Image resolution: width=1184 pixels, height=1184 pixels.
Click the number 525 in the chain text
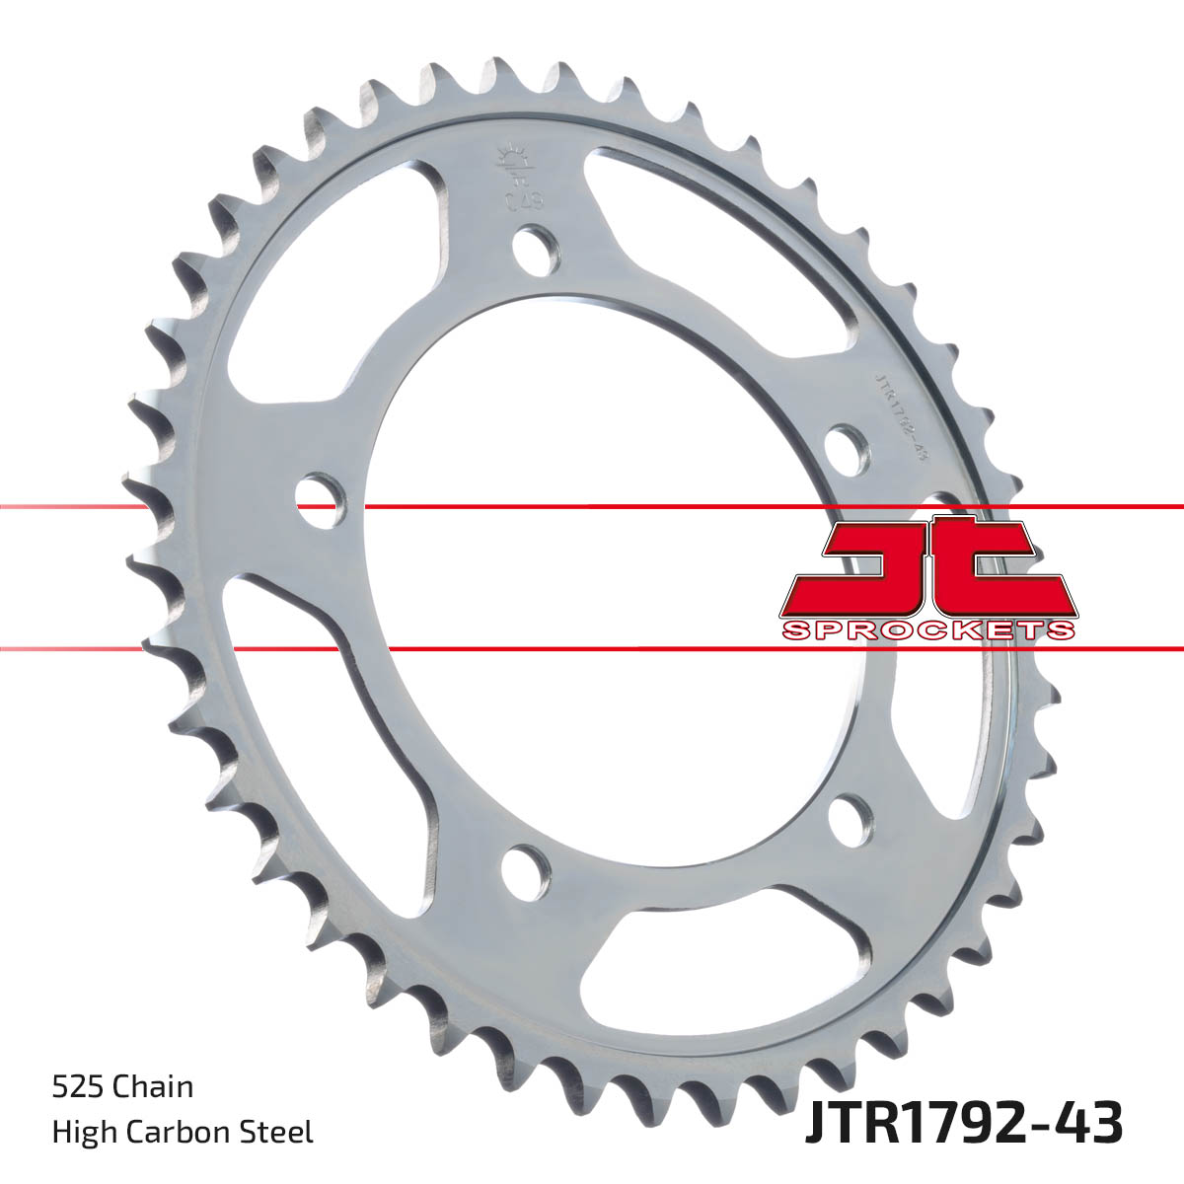79,1087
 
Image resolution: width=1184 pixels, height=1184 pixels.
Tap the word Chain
153,1087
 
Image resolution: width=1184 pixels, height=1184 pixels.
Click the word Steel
280,1132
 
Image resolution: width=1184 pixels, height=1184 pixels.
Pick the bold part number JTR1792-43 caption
963,1124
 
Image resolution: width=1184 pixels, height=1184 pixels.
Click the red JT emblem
927,567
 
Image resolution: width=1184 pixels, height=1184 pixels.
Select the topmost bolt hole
537,249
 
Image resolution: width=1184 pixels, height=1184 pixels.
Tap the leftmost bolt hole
321,500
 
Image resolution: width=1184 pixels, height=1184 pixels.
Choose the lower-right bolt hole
851,818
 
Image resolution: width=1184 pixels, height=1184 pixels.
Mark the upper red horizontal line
592,507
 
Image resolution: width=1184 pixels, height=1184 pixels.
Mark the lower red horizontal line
592,649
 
